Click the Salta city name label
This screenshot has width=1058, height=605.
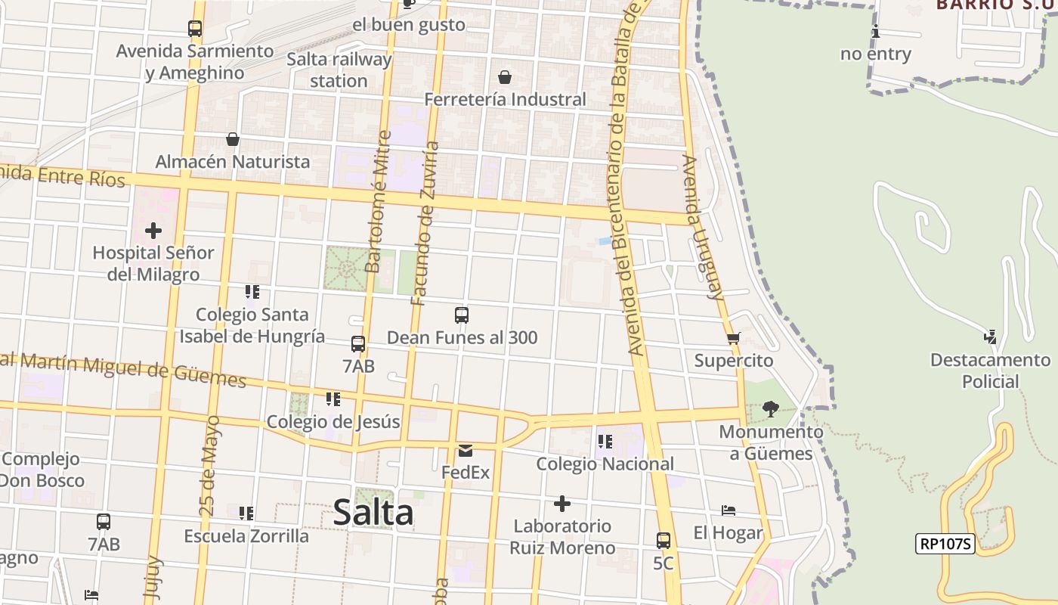[x=373, y=513]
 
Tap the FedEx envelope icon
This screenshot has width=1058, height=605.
[x=466, y=451]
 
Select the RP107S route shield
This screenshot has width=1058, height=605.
[x=945, y=543]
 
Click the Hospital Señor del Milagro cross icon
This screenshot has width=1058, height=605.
[x=153, y=230]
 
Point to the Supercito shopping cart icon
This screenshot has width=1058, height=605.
[x=733, y=339]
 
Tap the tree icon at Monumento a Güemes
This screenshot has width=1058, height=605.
[x=771, y=409]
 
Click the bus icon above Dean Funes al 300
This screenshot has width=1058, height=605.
[x=462, y=315]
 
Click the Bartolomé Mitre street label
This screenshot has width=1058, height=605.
[x=378, y=202]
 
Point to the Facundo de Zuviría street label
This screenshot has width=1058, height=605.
[x=425, y=223]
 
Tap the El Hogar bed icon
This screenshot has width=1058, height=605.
[x=729, y=510]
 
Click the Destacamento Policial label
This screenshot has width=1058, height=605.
[x=990, y=371]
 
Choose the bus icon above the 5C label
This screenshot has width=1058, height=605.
[x=663, y=541]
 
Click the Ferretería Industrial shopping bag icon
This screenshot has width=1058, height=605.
[x=505, y=77]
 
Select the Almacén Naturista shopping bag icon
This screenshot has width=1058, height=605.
[x=233, y=140]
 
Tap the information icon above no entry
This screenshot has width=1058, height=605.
[x=876, y=32]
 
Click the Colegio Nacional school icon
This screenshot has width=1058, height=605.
[x=605, y=441]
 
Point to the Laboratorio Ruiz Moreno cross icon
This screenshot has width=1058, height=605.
[x=562, y=504]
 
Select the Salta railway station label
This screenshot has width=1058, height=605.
[x=339, y=70]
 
